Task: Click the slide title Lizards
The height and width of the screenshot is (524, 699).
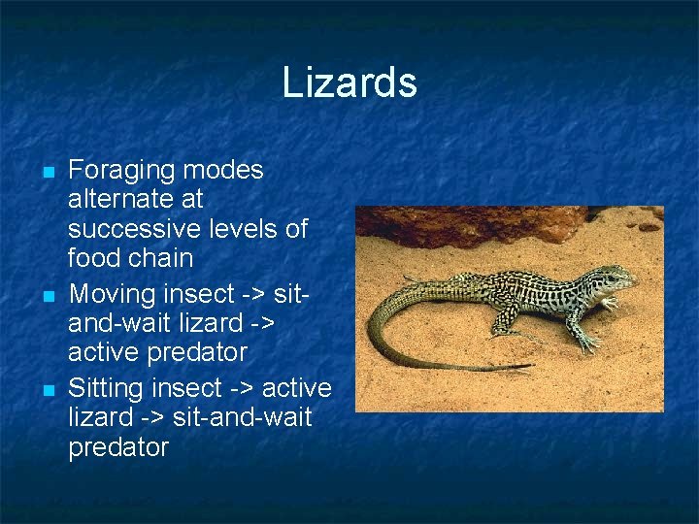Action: pyautogui.click(x=349, y=82)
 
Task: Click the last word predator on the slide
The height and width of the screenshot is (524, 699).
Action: pyautogui.click(x=118, y=447)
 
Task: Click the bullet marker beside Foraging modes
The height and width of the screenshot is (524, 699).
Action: pyautogui.click(x=47, y=173)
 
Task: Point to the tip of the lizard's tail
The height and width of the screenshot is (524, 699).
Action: pyautogui.click(x=530, y=368)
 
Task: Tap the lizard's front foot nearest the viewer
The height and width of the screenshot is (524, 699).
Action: pyautogui.click(x=588, y=344)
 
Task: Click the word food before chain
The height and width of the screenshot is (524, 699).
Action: pyautogui.click(x=95, y=259)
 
